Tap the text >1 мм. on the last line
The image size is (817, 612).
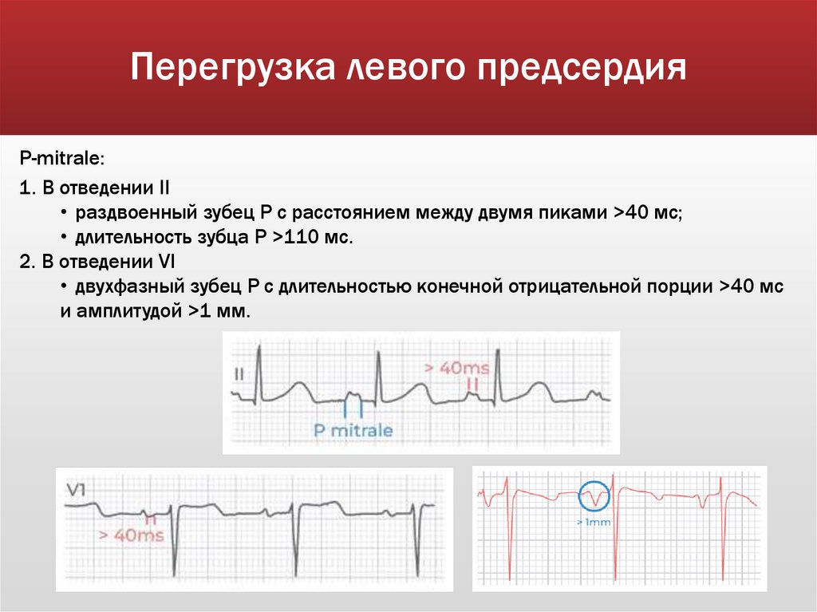pos(220,312)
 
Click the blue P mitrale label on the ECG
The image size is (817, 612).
pos(353,431)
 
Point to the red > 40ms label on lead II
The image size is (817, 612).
pos(456,368)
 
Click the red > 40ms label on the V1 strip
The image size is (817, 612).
pos(131,535)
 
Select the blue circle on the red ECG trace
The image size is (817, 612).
pos(593,496)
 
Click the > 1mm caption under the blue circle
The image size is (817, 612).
pos(592,523)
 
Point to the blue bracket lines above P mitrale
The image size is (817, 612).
pos(353,408)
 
